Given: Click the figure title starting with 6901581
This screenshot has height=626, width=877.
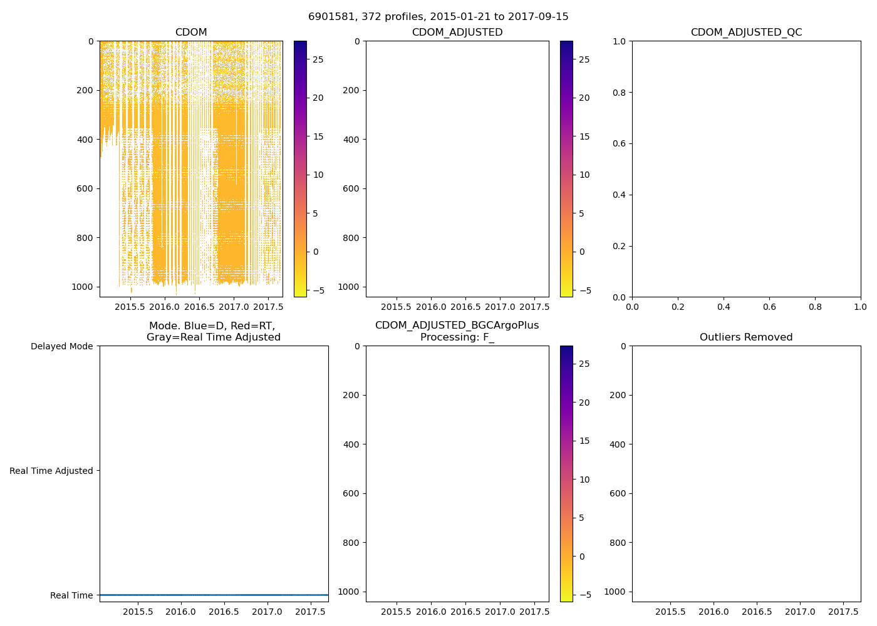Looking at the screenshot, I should point(438,17).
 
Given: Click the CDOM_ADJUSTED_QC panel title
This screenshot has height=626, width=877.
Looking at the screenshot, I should point(746,33).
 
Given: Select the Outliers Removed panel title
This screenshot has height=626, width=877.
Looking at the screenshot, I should point(746,337).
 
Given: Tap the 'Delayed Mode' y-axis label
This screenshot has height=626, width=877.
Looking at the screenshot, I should point(61,346).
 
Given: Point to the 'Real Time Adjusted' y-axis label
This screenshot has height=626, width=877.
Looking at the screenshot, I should point(51,471).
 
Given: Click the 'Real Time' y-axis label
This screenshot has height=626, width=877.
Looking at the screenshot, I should point(71,595).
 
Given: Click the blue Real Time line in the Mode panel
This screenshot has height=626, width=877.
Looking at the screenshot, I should point(214,595).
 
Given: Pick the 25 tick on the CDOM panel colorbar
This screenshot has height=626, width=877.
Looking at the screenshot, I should point(318,59).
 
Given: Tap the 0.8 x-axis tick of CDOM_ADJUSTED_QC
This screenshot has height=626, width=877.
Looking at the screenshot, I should point(815,307).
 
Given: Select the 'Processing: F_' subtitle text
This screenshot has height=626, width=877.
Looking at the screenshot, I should point(457,337).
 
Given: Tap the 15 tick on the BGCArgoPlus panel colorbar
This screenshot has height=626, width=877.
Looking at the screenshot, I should point(584,441).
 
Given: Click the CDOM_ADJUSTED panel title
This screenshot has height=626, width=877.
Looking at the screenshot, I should point(457,33).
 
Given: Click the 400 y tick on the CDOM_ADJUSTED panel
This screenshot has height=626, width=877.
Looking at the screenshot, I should point(351,140).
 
